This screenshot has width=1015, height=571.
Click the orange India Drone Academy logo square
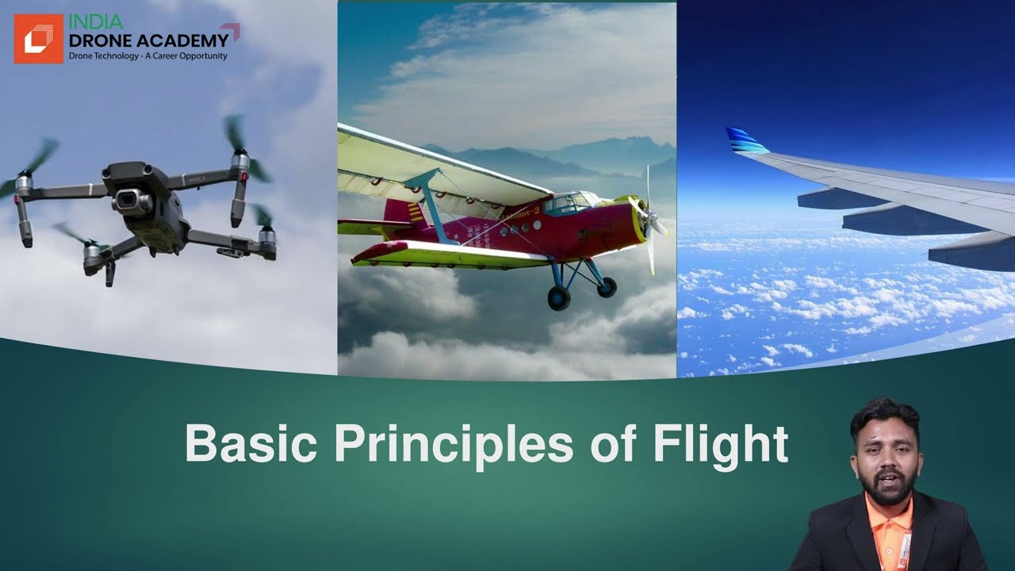[x=38, y=39]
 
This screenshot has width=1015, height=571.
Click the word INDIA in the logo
[x=95, y=22]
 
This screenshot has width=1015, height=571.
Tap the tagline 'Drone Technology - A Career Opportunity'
[x=147, y=56]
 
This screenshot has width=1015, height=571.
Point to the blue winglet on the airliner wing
[x=745, y=142]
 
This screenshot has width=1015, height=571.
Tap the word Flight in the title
[x=720, y=445]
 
